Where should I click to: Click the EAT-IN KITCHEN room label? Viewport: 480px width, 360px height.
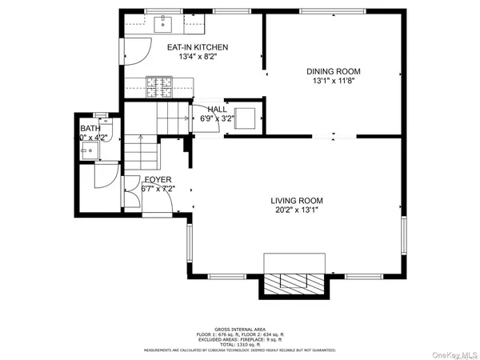tap(197, 48)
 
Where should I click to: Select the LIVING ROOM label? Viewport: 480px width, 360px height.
tap(296, 201)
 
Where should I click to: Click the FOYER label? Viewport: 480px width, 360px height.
tap(158, 180)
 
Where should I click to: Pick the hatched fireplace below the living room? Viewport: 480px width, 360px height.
tap(295, 282)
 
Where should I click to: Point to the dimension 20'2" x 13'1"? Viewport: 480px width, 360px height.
tap(296, 210)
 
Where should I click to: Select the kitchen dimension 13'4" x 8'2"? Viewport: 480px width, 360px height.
tap(197, 58)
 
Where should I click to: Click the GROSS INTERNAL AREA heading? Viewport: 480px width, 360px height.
tap(240, 329)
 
